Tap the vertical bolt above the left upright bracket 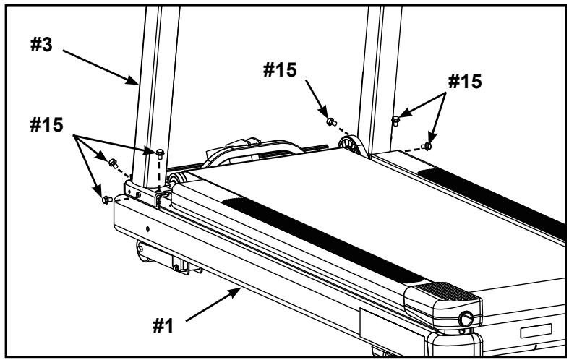(160, 151)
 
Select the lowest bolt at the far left (106, 199)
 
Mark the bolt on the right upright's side (395, 119)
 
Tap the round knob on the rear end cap (465, 317)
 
